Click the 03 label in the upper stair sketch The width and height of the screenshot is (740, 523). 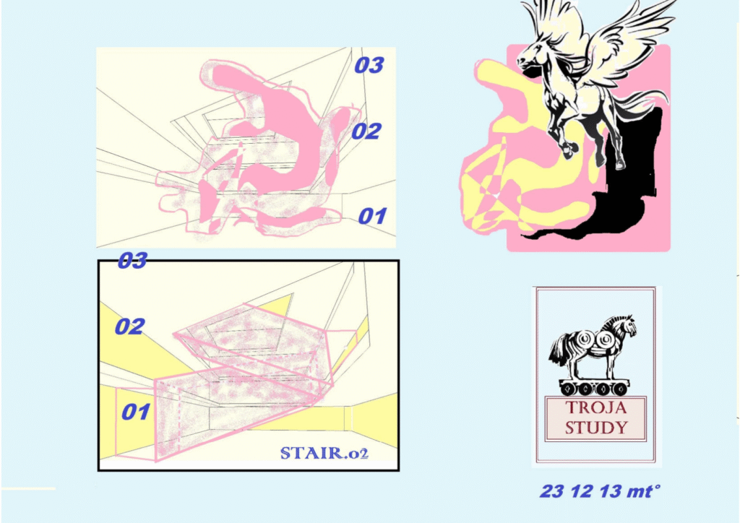click(x=369, y=65)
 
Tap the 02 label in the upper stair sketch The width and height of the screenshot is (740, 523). click(x=366, y=131)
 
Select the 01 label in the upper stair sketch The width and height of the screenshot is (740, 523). click(x=373, y=216)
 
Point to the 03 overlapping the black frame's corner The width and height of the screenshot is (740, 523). click(x=132, y=260)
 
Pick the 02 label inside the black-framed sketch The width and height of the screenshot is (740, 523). click(x=130, y=327)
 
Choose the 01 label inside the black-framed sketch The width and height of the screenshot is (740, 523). click(x=136, y=412)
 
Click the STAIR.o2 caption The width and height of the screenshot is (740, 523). click(x=324, y=453)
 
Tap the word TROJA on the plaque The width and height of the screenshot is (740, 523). click(x=595, y=407)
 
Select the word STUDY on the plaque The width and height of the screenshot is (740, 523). click(x=596, y=428)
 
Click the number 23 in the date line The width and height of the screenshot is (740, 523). click(x=553, y=491)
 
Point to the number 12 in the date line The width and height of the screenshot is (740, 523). click(x=582, y=491)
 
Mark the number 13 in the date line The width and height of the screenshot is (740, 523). click(x=611, y=491)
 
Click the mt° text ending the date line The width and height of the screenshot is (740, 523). click(x=642, y=491)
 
